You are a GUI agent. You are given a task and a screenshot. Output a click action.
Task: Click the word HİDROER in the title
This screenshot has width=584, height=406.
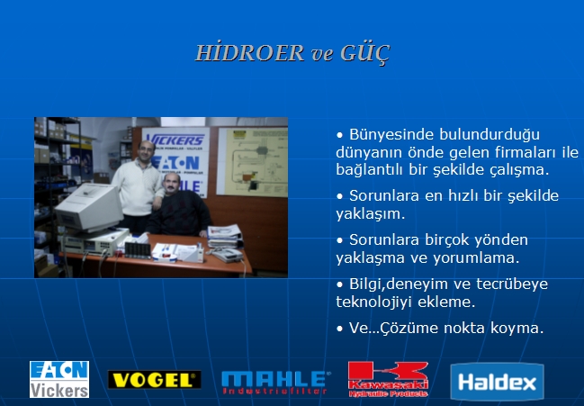coord(250,53)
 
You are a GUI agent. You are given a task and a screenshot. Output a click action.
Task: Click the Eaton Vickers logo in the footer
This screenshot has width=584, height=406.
coord(59,379)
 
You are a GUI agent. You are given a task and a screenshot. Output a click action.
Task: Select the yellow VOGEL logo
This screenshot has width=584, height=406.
coord(154,380)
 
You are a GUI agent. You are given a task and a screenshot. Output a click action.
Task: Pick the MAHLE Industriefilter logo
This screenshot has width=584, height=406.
coord(275,383)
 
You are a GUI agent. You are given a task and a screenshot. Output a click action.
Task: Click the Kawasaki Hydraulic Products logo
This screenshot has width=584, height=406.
coord(388,379)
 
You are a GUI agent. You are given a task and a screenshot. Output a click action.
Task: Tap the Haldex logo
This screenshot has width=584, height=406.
coord(497,382)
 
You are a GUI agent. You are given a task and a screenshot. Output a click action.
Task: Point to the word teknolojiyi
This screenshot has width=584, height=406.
coord(373,302)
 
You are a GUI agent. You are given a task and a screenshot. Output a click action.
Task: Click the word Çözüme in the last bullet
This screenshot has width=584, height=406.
coord(403,329)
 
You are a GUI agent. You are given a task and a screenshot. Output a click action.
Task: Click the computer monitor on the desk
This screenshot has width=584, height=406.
coord(89,207)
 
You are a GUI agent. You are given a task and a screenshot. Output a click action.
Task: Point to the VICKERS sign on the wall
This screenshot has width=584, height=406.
coord(175,140)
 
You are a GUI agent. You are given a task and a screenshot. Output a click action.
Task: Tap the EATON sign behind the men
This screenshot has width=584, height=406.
coord(175,163)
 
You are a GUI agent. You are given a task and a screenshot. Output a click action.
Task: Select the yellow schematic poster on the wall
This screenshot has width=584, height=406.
coord(253,162)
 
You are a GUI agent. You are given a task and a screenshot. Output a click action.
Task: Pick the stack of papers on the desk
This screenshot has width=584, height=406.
coord(225,236)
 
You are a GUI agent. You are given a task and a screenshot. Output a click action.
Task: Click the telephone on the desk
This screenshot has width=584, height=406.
coord(228,255)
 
